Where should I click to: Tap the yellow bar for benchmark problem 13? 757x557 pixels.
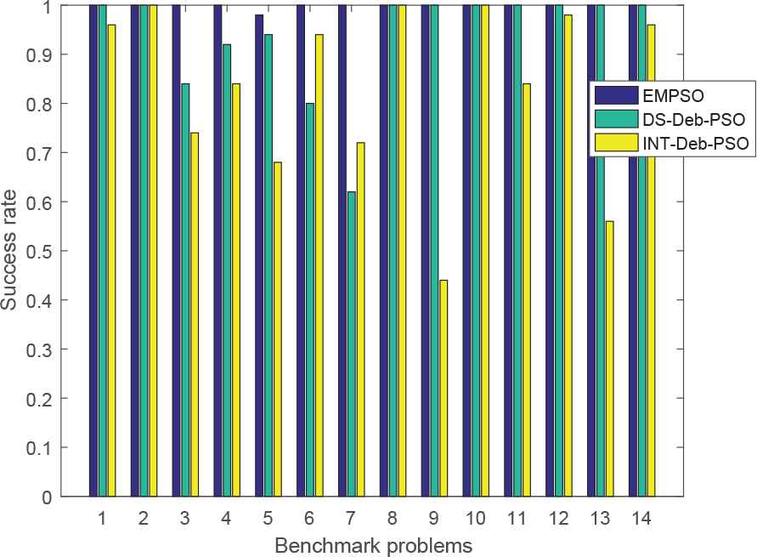[609, 358]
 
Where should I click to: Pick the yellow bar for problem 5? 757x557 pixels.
[277, 328]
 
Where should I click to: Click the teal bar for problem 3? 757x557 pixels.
[185, 289]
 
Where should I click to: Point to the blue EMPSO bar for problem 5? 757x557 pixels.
[259, 255]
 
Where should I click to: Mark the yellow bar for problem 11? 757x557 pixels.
[526, 289]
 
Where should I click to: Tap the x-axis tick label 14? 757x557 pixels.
[642, 517]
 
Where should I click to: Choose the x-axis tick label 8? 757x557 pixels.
[393, 517]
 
